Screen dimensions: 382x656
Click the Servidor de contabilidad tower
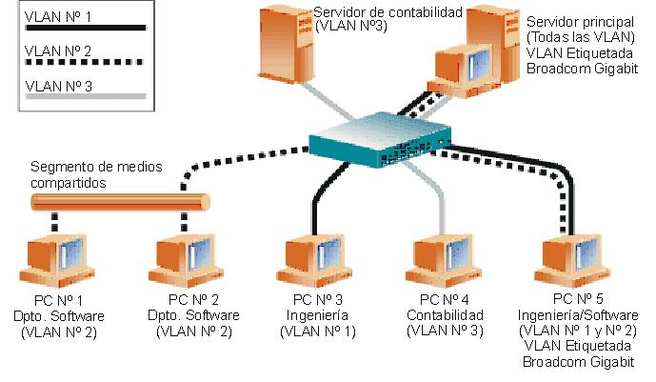coord(282,48)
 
